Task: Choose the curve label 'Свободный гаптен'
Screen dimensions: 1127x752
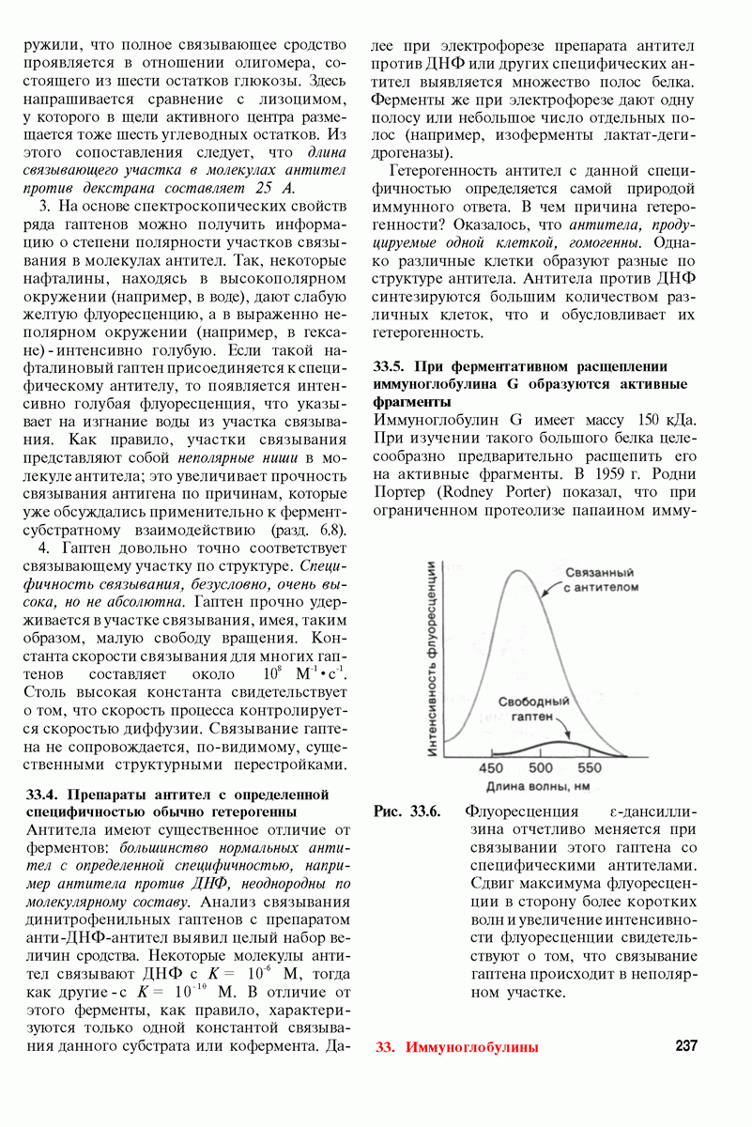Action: [533, 709]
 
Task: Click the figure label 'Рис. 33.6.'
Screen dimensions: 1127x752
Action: [407, 811]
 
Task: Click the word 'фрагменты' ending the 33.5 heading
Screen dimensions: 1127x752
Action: [409, 401]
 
